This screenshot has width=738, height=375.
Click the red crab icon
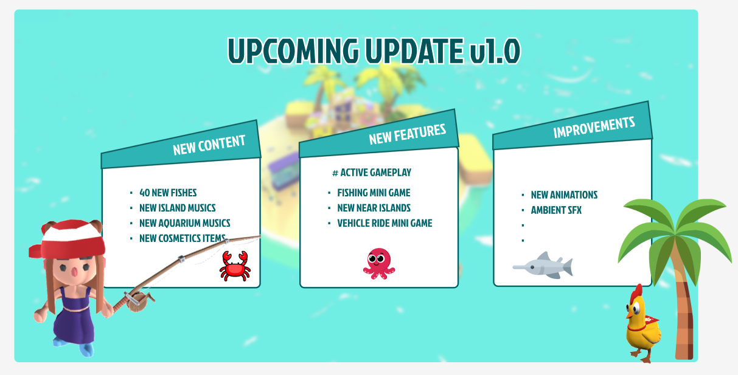235,266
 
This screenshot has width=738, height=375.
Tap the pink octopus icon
379,264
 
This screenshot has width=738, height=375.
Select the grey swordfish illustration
543,266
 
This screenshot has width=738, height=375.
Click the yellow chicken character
642,325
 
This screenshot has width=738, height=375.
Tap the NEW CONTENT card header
181,145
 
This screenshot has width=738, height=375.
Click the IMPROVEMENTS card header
573,126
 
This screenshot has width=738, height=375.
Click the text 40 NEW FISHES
168,193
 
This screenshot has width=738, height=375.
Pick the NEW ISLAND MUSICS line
177,208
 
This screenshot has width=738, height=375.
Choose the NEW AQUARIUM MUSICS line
184,223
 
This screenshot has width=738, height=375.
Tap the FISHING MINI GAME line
374,193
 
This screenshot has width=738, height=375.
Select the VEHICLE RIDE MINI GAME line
385,223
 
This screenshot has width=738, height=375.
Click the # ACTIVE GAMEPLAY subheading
372,173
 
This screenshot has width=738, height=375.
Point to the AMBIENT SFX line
556,210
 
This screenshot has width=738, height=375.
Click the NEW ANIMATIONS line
564,195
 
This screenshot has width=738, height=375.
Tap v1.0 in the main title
495,50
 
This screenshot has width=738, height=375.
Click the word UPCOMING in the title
293,50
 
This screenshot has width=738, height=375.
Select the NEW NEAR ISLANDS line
374,208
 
